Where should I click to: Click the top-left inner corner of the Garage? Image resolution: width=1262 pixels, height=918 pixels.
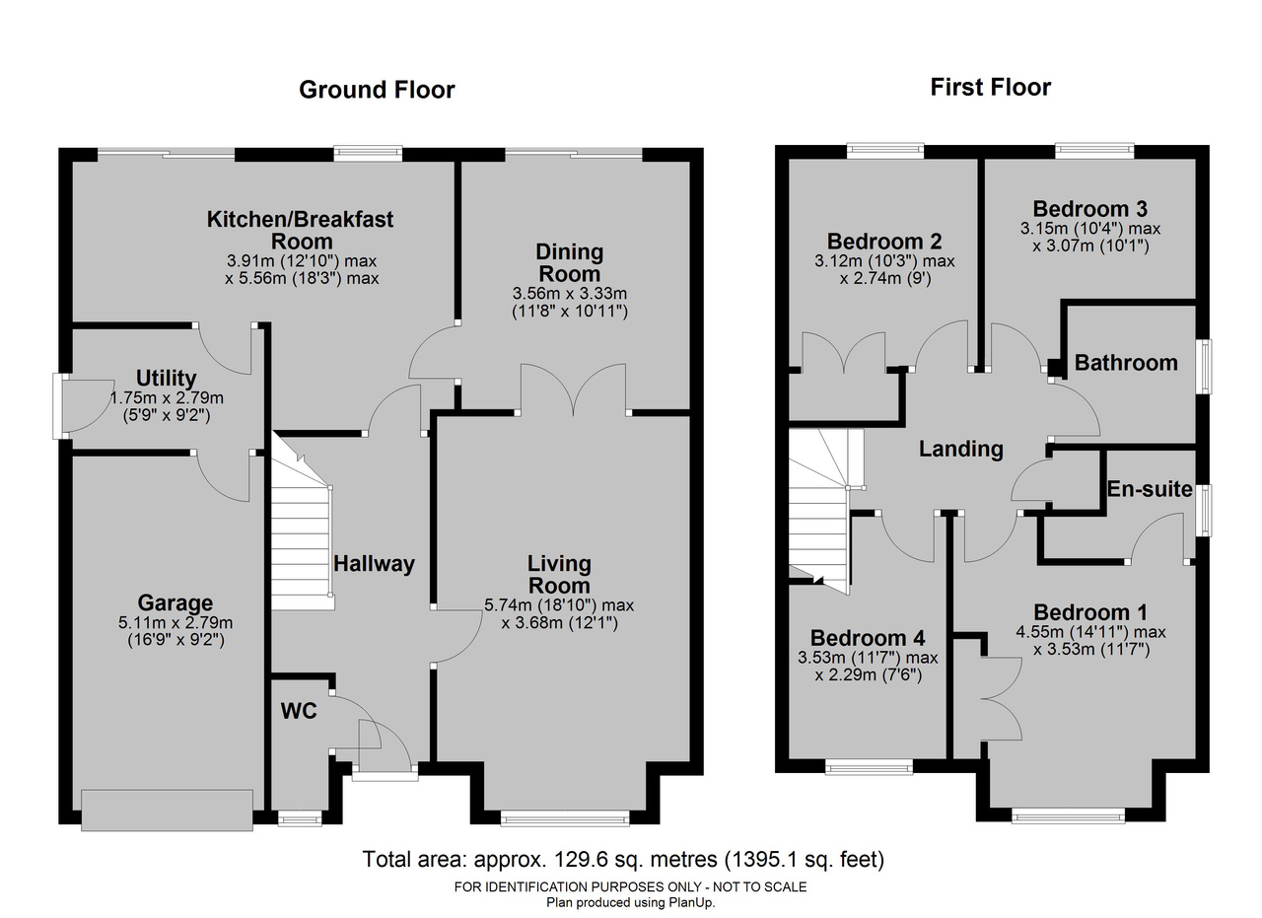(x=73, y=457)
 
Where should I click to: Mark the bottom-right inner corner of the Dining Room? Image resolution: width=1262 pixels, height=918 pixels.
(x=689, y=409)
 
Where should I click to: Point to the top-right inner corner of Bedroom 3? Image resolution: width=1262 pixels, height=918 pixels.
(x=1196, y=160)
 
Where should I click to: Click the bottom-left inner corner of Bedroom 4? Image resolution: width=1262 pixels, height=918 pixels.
(x=790, y=758)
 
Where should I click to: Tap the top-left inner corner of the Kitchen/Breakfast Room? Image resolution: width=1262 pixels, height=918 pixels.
(x=73, y=162)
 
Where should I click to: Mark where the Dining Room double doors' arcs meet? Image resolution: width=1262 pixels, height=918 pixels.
(x=573, y=416)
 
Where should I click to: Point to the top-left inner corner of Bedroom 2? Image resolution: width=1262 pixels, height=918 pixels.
(x=790, y=160)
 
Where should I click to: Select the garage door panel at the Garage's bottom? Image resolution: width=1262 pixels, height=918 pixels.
(x=167, y=810)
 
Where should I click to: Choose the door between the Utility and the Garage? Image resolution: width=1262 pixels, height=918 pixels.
(x=223, y=476)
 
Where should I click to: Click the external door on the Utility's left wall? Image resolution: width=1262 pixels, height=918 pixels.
(x=85, y=405)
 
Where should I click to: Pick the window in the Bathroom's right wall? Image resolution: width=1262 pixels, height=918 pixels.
(x=1205, y=366)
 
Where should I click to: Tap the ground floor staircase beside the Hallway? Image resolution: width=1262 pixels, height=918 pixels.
(x=303, y=522)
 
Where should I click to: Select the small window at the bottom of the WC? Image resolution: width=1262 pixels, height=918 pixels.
(x=300, y=818)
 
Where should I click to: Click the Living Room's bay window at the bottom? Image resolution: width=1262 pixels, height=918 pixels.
(x=565, y=818)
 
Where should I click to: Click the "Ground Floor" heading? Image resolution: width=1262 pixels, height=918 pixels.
(x=377, y=90)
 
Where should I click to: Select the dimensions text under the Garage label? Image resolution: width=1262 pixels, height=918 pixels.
(x=175, y=631)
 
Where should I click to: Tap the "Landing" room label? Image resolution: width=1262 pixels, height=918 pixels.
(x=961, y=449)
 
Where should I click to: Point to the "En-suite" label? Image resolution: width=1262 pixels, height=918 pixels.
(x=1150, y=489)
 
